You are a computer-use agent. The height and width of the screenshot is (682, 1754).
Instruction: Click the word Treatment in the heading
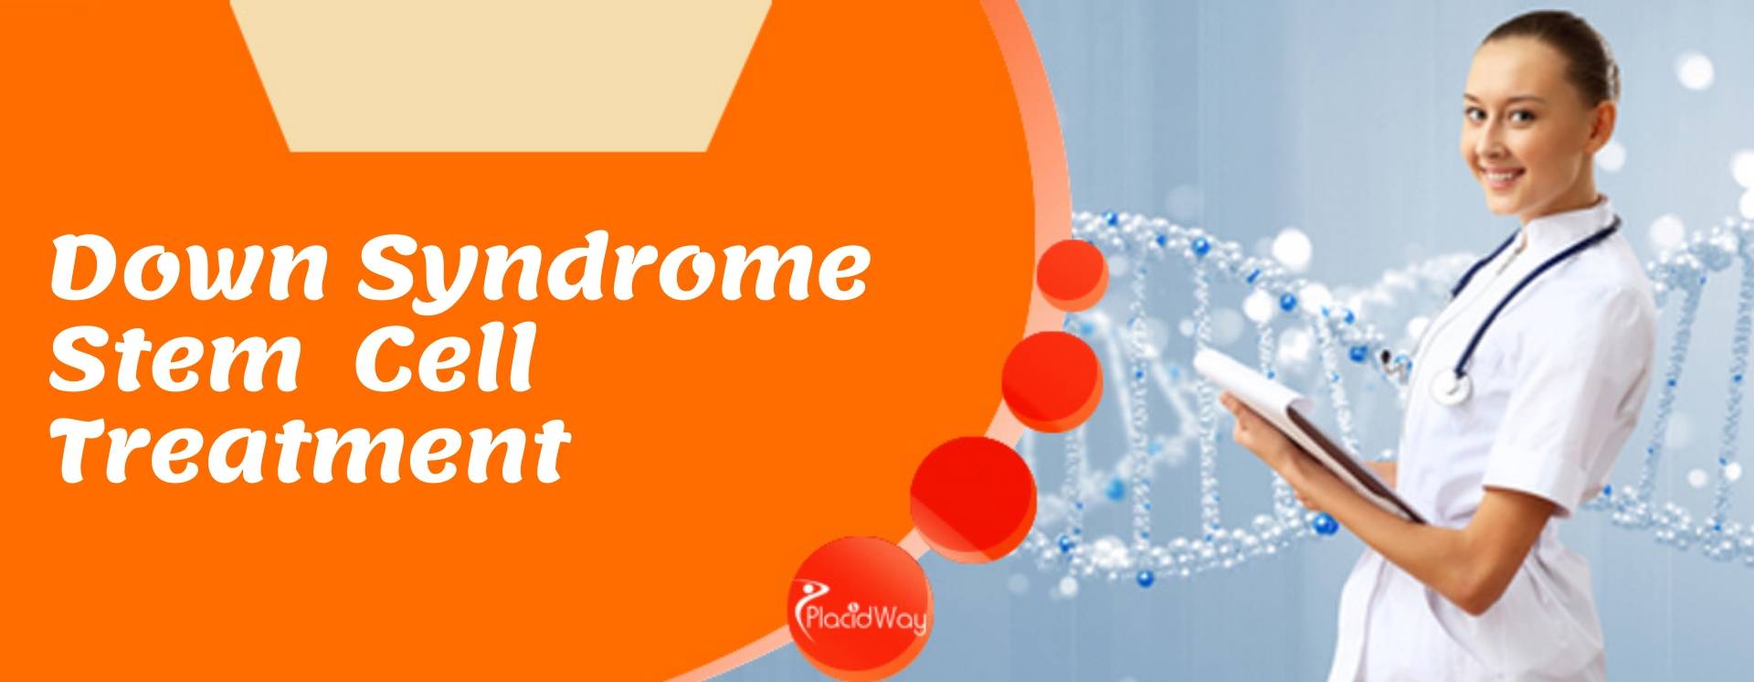coord(310,452)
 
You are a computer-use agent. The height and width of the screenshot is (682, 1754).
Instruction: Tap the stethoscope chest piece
coord(1453,385)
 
